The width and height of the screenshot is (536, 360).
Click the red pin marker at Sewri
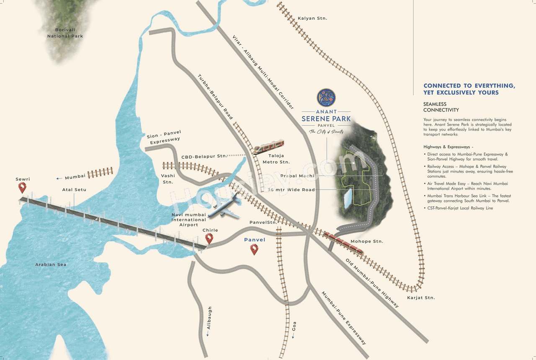point(22,187)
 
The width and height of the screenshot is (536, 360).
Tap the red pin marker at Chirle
point(209,238)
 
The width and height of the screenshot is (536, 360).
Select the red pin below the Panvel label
point(254,249)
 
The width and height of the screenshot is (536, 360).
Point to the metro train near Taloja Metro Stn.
point(268,147)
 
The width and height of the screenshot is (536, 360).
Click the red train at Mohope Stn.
point(345,243)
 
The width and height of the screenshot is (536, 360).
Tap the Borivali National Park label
point(65,33)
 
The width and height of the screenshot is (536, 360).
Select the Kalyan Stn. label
point(312,18)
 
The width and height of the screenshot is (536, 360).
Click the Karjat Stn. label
point(421,298)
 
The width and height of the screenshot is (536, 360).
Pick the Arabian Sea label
point(51,264)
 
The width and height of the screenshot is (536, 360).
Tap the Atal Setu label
point(74,190)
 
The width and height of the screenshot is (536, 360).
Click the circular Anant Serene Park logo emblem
point(326,97)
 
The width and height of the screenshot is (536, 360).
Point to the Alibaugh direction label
point(209,320)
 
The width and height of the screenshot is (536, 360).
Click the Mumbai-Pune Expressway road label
point(344,318)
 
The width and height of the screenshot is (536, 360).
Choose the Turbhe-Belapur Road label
point(215,97)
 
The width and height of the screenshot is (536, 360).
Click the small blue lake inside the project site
point(347,198)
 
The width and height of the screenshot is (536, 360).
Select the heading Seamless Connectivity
point(441,107)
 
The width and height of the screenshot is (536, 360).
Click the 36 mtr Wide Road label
point(291,190)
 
